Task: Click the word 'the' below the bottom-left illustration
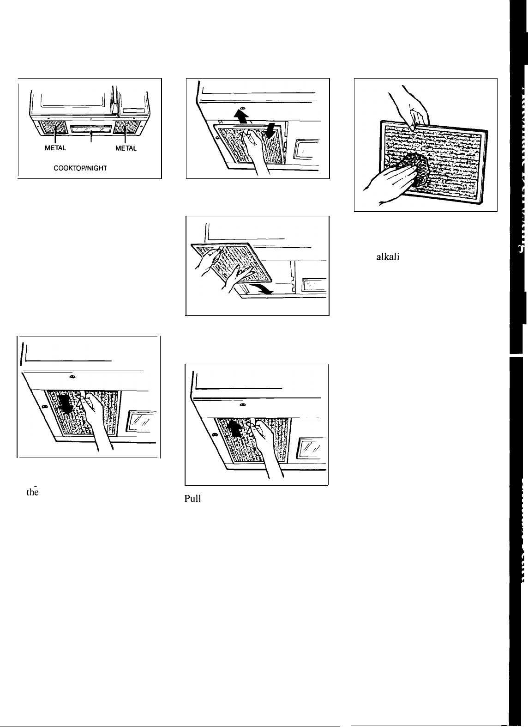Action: tap(32, 492)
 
